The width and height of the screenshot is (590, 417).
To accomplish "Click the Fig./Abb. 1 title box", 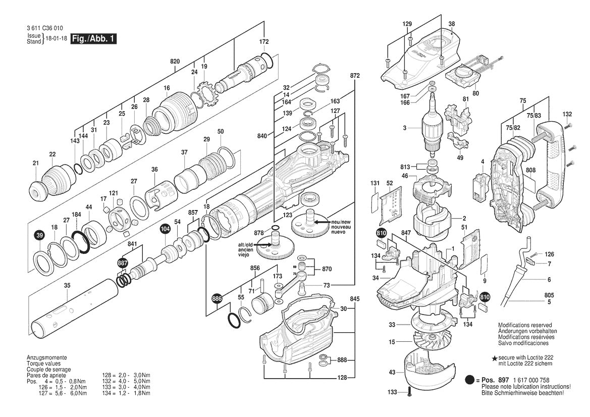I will [x=94, y=39].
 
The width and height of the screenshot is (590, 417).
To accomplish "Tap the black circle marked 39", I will [x=39, y=236].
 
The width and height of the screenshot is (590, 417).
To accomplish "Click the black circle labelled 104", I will [x=165, y=229].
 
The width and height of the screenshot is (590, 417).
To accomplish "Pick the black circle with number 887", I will [x=123, y=264].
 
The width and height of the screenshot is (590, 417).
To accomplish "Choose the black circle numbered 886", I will [x=217, y=298].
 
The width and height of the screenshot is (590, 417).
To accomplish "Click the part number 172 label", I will [x=264, y=42].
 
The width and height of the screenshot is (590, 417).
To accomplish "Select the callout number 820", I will [x=175, y=62].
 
